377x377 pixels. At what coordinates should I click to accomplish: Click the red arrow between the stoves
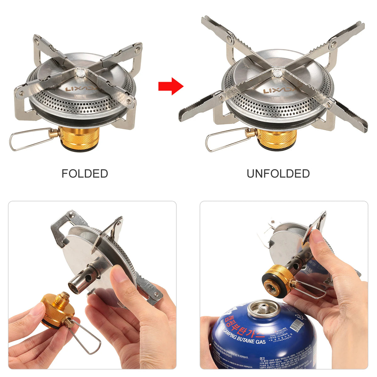coord(170,86)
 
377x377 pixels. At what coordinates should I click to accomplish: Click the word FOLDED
coord(85,174)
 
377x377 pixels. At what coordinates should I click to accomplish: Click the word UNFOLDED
coord(278,174)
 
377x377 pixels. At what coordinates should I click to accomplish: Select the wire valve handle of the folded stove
coord(28,139)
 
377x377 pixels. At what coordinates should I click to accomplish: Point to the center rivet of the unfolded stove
coord(277,73)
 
